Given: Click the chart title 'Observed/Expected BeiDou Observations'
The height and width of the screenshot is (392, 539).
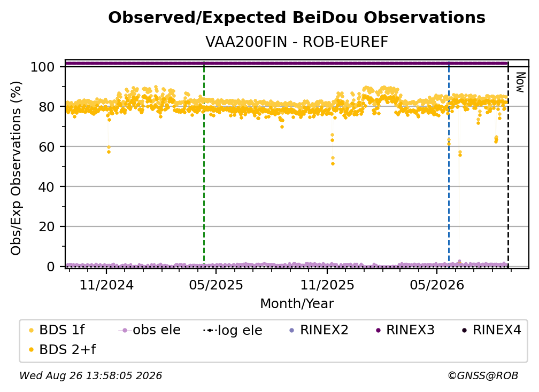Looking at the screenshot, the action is [297, 18].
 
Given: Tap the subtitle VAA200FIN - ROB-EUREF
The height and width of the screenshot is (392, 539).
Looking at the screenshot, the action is [297, 42].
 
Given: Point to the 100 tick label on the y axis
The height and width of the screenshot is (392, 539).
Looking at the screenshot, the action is [43, 67].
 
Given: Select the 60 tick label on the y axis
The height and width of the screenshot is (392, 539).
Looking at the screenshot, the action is [47, 147].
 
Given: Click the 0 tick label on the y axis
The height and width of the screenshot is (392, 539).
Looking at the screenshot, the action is [51, 266].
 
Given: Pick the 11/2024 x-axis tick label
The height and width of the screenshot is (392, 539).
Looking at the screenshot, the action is [106, 285].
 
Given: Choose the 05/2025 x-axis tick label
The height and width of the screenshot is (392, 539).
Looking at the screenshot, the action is [216, 285].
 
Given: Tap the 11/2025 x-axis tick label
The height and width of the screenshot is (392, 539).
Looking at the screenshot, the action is [327, 285].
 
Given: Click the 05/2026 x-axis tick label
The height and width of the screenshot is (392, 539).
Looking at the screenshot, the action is [436, 285].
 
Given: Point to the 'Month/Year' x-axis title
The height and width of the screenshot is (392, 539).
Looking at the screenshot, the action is [297, 303].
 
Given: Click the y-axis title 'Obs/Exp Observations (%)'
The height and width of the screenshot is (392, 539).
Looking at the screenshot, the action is [16, 168].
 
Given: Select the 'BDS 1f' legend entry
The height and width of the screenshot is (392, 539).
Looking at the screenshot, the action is [57, 330].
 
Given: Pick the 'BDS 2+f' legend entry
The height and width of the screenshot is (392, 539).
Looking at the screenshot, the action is [62, 349].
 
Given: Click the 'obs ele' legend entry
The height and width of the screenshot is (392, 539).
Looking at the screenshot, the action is [150, 330].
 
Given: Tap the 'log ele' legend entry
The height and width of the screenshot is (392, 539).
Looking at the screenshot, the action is [233, 330].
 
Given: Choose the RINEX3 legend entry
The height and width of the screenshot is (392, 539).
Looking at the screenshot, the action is [405, 330].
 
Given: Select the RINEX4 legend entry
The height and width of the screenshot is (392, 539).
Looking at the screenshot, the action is [492, 330].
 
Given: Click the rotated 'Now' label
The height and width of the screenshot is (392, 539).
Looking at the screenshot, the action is [521, 82].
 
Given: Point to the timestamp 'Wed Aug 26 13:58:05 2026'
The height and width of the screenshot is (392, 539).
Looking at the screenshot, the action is [91, 375].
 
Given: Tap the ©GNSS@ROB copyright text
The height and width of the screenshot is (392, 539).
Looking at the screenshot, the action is [483, 375].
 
